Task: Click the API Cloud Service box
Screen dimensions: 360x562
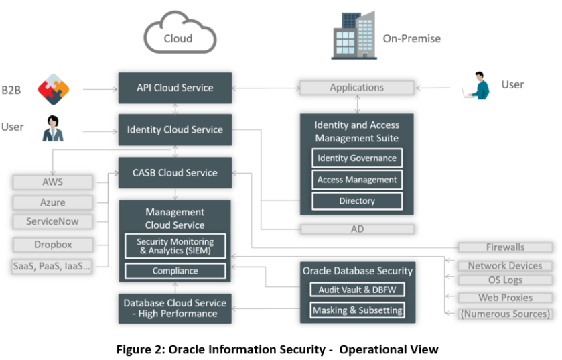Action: pyautogui.click(x=175, y=88)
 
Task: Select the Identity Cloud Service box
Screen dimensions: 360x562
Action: pyautogui.click(x=175, y=129)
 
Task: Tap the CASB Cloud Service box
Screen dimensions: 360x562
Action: pyautogui.click(x=175, y=172)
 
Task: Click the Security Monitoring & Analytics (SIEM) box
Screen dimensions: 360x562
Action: pyautogui.click(x=175, y=246)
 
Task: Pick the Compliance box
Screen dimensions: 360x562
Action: pyautogui.click(x=175, y=271)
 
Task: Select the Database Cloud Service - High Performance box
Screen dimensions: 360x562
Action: pyautogui.click(x=175, y=308)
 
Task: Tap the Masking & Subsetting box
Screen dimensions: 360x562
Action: pyautogui.click(x=357, y=310)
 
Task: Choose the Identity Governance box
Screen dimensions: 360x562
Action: pyautogui.click(x=357, y=158)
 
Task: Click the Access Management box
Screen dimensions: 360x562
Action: pyautogui.click(x=357, y=180)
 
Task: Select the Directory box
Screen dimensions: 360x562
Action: pyautogui.click(x=357, y=201)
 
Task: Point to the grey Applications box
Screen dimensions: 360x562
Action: pyautogui.click(x=356, y=88)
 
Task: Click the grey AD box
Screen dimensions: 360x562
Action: pyautogui.click(x=357, y=229)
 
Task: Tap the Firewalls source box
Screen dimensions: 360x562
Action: pyautogui.click(x=505, y=247)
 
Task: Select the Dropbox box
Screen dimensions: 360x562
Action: pyautogui.click(x=53, y=245)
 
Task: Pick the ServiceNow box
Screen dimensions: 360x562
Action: pyautogui.click(x=53, y=221)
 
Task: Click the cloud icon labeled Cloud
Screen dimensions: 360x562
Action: pyautogui.click(x=179, y=36)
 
